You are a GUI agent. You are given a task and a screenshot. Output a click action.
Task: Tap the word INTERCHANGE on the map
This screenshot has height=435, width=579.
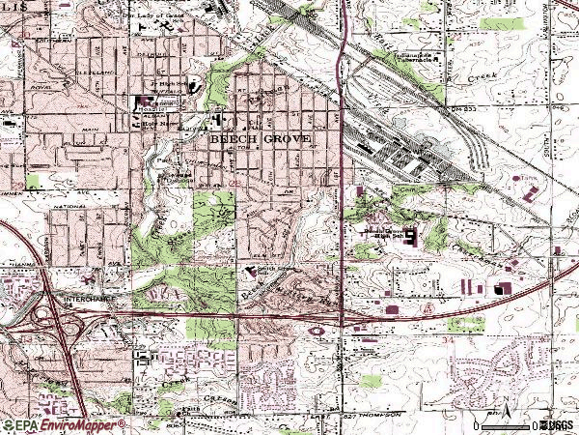(x=90, y=301)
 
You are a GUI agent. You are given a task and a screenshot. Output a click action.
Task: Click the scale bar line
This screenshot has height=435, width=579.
(x=506, y=424)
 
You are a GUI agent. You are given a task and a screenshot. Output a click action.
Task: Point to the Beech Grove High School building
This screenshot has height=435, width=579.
(x=409, y=235)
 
